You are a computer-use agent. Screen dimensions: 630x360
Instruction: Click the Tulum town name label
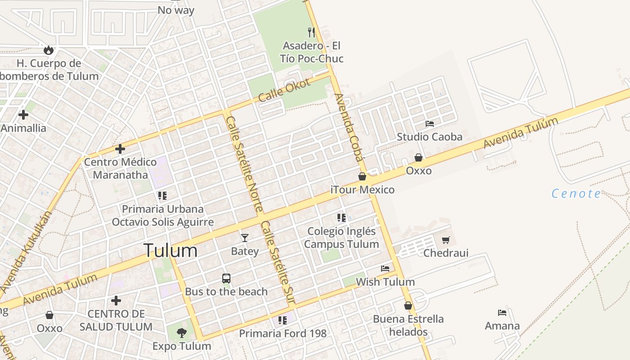[170, 251]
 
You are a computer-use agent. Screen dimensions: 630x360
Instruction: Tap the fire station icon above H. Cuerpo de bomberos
[49, 50]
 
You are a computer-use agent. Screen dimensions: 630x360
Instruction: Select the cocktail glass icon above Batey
[244, 238]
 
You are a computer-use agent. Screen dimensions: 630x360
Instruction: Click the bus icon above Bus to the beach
[226, 279]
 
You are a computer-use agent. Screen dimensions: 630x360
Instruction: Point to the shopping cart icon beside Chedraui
[445, 240]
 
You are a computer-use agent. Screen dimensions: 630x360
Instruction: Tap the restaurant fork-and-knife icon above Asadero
[311, 32]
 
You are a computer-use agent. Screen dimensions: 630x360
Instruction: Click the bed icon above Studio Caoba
[430, 123]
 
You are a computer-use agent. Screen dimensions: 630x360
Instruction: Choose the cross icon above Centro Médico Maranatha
[120, 148]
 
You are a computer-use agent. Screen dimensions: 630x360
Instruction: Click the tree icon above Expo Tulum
[181, 333]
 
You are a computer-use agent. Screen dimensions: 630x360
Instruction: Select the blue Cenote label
[576, 194]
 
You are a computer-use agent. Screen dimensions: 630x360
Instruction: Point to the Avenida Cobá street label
[348, 127]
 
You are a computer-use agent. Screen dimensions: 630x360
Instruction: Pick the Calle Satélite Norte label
[244, 164]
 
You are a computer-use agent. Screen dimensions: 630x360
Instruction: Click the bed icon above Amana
[502, 312]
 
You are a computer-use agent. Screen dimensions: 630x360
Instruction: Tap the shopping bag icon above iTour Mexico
[362, 176]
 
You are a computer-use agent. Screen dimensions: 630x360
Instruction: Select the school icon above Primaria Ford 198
[282, 320]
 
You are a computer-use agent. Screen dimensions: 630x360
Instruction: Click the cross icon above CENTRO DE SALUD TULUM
[116, 300]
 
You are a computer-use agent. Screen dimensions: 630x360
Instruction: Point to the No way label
[176, 10]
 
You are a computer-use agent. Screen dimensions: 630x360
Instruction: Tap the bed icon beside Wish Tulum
[385, 269]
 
